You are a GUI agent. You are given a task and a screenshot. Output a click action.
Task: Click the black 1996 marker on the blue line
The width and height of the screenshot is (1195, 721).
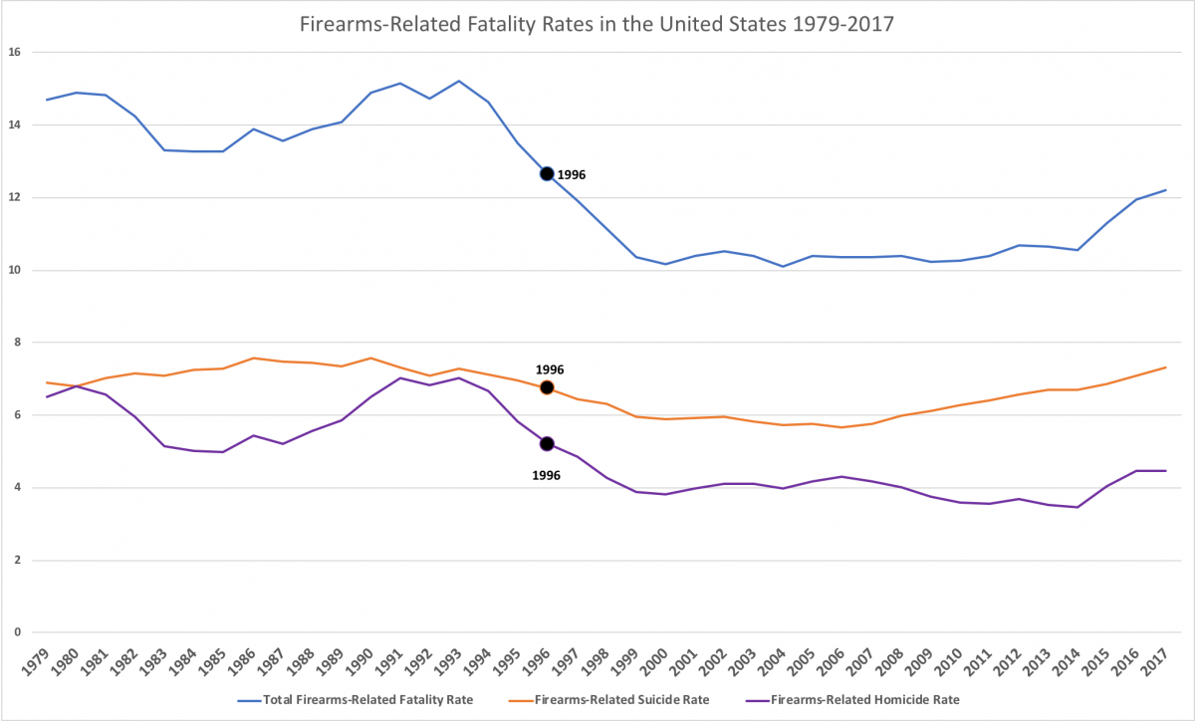(x=547, y=173)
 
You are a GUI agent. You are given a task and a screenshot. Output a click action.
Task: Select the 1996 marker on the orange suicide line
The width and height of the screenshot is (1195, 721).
(x=547, y=387)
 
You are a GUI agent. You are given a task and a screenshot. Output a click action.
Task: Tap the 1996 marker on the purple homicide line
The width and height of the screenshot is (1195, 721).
(x=547, y=444)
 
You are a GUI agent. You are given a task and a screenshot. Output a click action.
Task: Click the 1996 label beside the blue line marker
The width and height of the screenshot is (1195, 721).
(x=572, y=174)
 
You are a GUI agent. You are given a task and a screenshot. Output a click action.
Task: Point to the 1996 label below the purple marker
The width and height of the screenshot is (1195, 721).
(x=546, y=476)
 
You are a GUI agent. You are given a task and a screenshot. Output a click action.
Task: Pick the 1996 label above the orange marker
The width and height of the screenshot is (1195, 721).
(x=550, y=369)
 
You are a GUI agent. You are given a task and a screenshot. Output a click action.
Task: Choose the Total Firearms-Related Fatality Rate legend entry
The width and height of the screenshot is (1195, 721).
(x=358, y=700)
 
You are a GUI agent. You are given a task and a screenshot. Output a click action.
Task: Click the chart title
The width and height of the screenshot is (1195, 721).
(x=597, y=25)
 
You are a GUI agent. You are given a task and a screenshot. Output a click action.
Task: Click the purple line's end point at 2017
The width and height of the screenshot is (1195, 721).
(x=1166, y=471)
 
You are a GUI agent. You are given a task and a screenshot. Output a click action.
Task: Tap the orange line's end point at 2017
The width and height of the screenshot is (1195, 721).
(x=1166, y=367)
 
